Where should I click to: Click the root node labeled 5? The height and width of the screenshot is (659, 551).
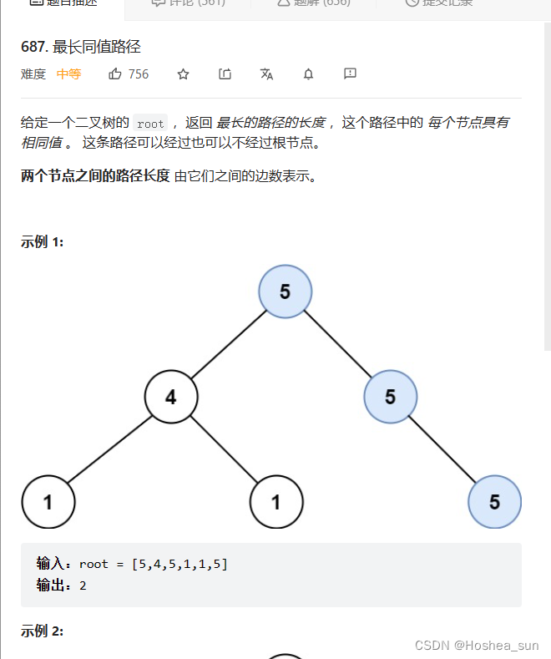click(286, 291)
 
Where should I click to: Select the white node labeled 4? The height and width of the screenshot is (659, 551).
click(171, 396)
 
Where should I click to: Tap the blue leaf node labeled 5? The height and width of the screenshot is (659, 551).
click(494, 502)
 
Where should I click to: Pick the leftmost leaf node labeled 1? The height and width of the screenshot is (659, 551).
click(48, 502)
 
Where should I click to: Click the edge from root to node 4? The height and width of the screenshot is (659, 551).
click(227, 344)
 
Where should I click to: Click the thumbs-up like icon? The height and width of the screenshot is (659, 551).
click(115, 74)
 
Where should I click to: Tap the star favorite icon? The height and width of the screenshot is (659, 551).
click(184, 74)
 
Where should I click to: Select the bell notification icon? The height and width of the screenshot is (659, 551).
click(308, 74)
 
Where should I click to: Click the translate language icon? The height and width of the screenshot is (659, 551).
click(266, 74)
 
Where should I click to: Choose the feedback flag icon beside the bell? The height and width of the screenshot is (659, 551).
click(350, 74)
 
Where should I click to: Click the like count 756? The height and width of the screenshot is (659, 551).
click(139, 74)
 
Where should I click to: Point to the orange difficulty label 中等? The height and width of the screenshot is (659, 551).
click(68, 74)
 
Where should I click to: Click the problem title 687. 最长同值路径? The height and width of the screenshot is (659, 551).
click(81, 47)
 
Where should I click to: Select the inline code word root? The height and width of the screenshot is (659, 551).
click(150, 123)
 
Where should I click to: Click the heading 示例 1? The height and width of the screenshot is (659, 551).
click(43, 242)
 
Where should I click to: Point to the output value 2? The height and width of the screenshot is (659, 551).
click(83, 585)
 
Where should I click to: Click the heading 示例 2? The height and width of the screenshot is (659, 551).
click(43, 631)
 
